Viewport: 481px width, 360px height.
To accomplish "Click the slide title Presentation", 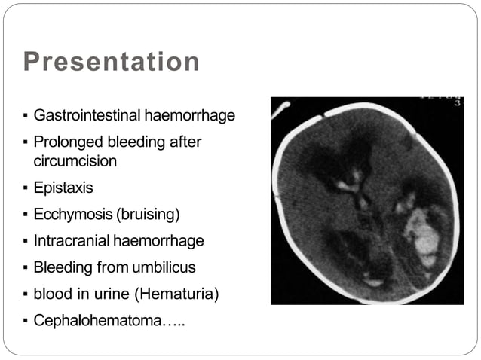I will coord(112,62).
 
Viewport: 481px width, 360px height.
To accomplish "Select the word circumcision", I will coord(75,160).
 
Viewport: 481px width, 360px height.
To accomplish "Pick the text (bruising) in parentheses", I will coord(148,215).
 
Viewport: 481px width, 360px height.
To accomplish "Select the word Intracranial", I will coord(72,241).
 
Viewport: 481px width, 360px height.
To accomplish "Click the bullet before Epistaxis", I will coord(25,188).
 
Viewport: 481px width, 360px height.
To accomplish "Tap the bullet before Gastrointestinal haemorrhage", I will coord(25,117).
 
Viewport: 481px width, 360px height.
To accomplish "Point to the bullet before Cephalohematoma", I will coord(25,321).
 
